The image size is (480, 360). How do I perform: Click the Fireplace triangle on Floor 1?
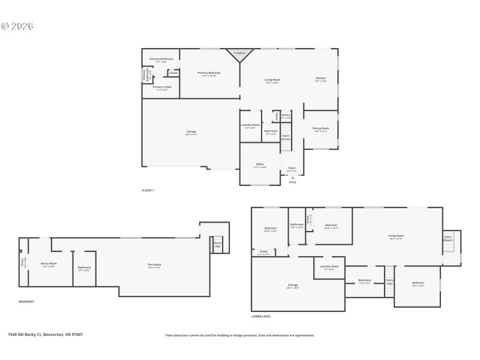pos(239,55)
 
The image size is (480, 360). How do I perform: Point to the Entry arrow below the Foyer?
pos(293,178)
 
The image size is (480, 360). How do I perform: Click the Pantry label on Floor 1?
pos(286,116)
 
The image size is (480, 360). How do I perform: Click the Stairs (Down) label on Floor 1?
pos(286,137)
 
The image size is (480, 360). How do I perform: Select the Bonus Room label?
pos(49,265)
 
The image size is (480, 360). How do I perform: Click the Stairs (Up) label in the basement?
pos(218,244)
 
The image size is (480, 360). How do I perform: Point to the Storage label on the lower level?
pos(293,286)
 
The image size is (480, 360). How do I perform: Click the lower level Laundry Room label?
pos(329,267)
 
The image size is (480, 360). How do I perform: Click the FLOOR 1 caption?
pos(148,190)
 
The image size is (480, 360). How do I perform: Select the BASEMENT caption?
pos(27,301)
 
